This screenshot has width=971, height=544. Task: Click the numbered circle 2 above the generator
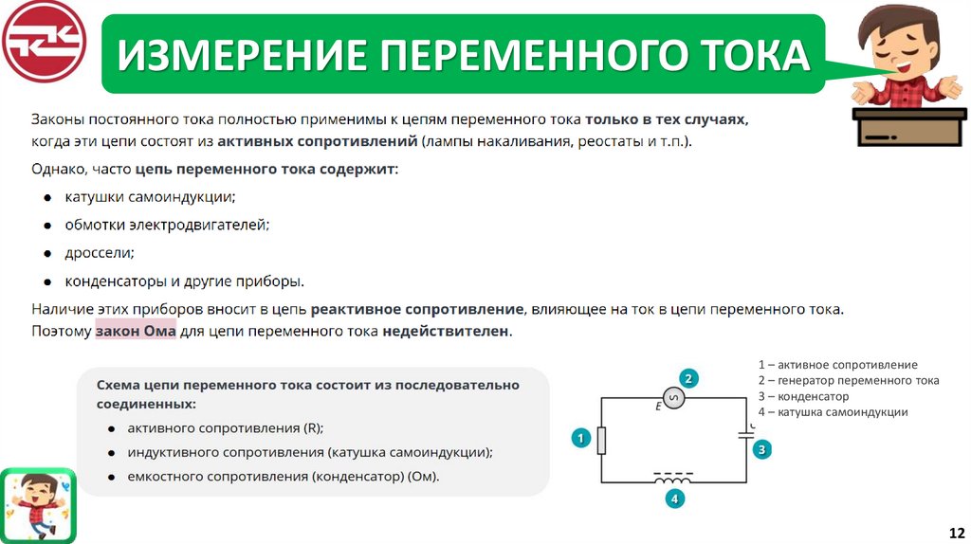click(x=690, y=378)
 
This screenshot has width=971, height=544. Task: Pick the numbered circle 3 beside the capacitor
click(x=761, y=449)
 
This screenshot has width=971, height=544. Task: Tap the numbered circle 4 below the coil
click(x=674, y=499)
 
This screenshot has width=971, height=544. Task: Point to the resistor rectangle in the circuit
click(x=601, y=440)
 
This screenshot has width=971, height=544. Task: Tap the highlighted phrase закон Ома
click(x=132, y=332)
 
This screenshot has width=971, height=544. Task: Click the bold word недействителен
click(x=447, y=332)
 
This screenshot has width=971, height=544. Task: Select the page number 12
click(x=956, y=533)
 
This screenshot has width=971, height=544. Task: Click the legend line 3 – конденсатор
click(x=803, y=396)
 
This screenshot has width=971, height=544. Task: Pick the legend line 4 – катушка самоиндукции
click(x=833, y=412)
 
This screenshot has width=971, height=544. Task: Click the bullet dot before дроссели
click(x=46, y=253)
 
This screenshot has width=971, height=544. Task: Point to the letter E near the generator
click(x=658, y=407)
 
